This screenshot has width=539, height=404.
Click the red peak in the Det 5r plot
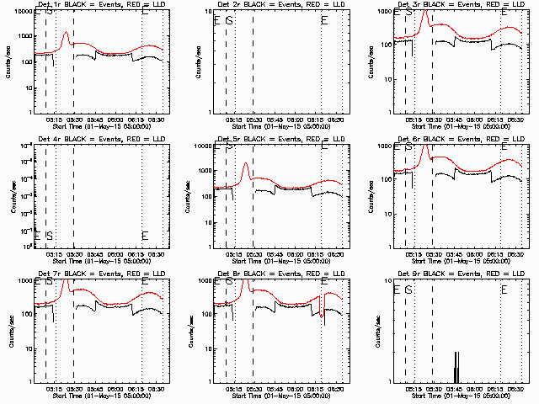click(x=246, y=163)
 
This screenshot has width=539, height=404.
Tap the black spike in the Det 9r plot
click(x=456, y=366)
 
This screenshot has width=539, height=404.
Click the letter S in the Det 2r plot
click(x=229, y=20)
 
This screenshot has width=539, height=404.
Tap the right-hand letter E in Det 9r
click(x=504, y=290)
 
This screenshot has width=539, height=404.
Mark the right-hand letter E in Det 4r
click(x=145, y=235)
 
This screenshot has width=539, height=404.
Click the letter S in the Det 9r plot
click(x=408, y=290)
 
